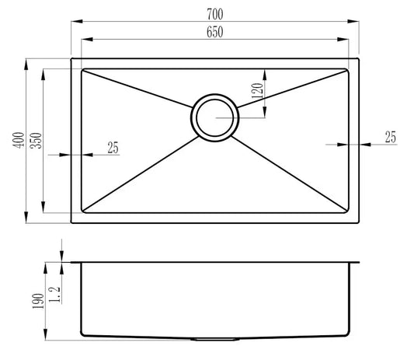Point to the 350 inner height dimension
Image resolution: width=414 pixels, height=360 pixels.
[x=33, y=141]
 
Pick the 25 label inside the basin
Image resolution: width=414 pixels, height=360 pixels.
[x=113, y=148]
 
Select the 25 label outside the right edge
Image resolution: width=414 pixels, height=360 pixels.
[x=390, y=138]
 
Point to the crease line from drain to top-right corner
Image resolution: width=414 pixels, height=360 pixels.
[x=291, y=86]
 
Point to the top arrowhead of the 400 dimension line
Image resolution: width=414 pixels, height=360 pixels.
[x=27, y=61]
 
